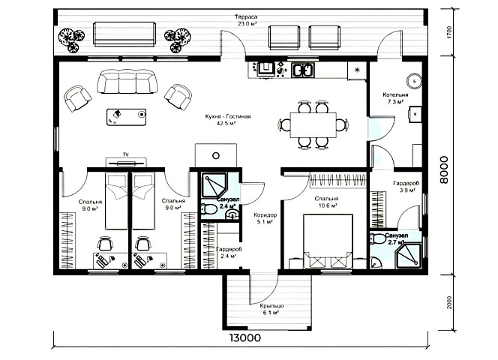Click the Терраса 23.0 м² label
pos(246,20)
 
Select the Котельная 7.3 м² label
pos(395,98)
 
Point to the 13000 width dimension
pos(244,337)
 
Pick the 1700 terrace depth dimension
pos(448,32)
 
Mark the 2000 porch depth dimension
pos(448,303)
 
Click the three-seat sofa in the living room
pos(127,82)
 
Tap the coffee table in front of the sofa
pos(127,117)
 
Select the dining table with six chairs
pos(313,124)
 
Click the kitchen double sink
pos(303,70)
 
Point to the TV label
pos(126,154)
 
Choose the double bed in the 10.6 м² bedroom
pos(328,241)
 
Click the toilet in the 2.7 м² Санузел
pos(378,238)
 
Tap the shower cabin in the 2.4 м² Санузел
pos(214,185)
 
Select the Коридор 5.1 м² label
pos(265,218)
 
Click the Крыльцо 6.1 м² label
pos(271,309)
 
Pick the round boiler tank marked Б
pos(414,81)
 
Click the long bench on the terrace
pos(124,34)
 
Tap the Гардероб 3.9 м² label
pos(406,187)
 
